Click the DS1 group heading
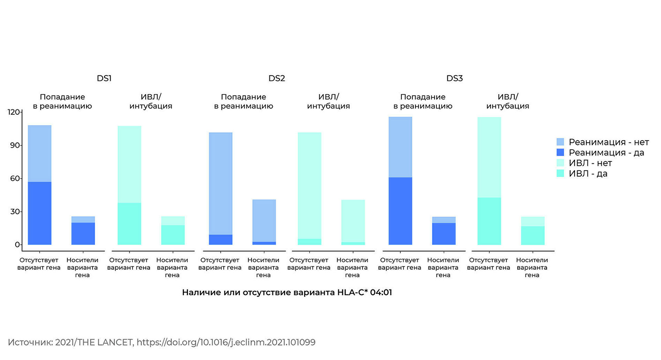pos(104,78)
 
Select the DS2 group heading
pos(276,78)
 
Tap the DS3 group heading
pos(454,78)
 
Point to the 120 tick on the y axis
pos(14,112)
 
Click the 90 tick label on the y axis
pos(15,145)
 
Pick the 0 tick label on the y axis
pos(17,245)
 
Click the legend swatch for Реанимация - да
pos(560,152)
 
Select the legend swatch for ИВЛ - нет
pos(560,163)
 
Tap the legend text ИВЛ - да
pos(588,173)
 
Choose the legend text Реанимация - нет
pos(608,142)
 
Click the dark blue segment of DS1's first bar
pos(40,213)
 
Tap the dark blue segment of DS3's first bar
pos(400,211)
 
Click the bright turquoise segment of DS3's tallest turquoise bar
pos(489,221)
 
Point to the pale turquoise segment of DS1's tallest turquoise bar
pos(129,164)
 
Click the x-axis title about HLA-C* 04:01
pos(287,293)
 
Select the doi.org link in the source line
pos(226,342)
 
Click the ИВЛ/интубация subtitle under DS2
pos(328,102)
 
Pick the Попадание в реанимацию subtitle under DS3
pos(423,102)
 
